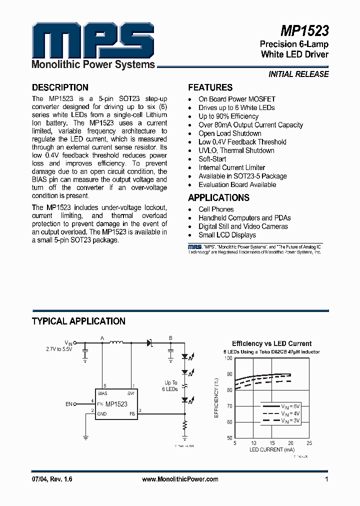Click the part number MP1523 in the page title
(304, 31)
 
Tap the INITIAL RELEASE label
(298, 74)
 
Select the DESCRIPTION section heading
(60, 87)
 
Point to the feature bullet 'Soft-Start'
(212, 159)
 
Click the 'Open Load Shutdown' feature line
(230, 133)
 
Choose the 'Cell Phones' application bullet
(216, 209)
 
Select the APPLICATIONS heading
(218, 197)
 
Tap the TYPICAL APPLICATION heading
(78, 321)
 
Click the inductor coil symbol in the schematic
(116, 343)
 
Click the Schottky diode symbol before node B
(148, 343)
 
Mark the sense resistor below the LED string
(185, 425)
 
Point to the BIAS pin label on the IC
(102, 393)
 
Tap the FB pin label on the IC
(132, 413)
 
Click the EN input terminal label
(69, 403)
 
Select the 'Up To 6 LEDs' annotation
(171, 385)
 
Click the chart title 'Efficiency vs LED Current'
(271, 343)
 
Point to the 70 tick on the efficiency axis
(229, 406)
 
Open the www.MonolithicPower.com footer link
(180, 479)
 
